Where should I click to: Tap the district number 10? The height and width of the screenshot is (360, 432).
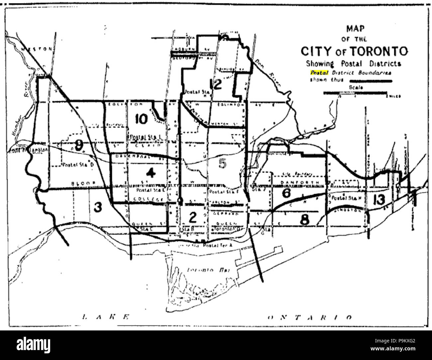(x=142, y=119)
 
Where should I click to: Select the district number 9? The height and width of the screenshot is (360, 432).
(x=79, y=145)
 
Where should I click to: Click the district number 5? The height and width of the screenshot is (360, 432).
(x=222, y=163)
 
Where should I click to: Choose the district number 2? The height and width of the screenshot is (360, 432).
(x=192, y=217)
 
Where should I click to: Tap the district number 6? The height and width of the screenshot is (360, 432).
(x=286, y=193)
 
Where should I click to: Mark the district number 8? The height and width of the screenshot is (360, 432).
(x=305, y=220)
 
